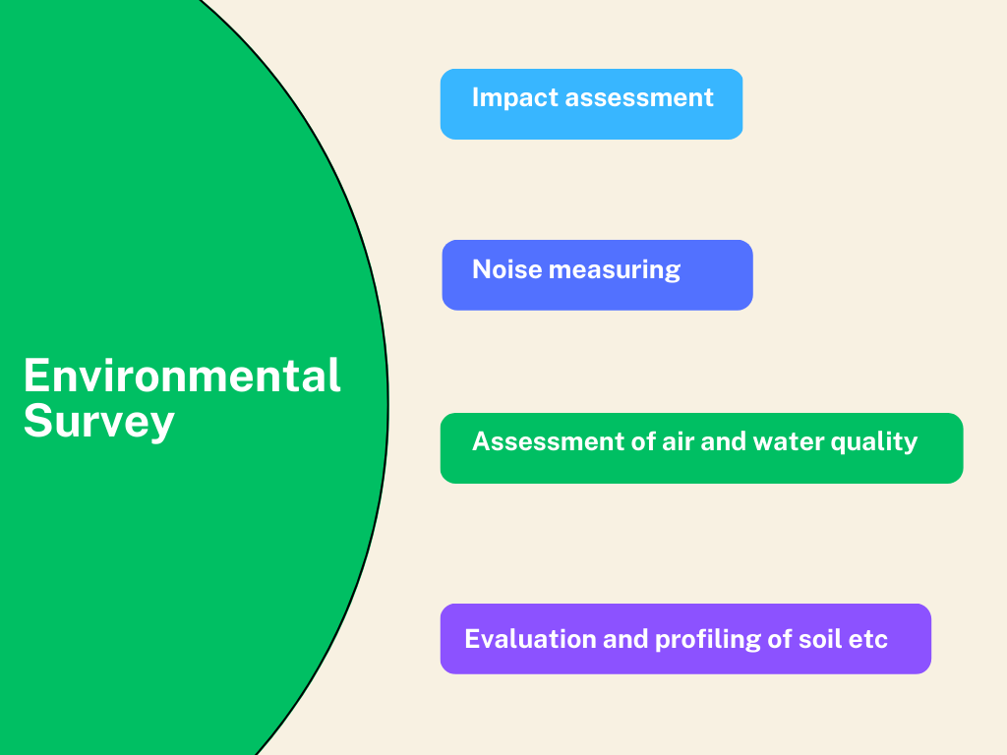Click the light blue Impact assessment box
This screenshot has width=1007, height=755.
[x=591, y=104]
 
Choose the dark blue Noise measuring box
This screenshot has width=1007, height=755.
[x=597, y=275]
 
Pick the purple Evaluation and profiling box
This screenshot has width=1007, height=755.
[x=685, y=639]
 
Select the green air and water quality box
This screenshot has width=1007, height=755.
[x=701, y=448]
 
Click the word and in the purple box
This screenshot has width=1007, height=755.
[x=625, y=639]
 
